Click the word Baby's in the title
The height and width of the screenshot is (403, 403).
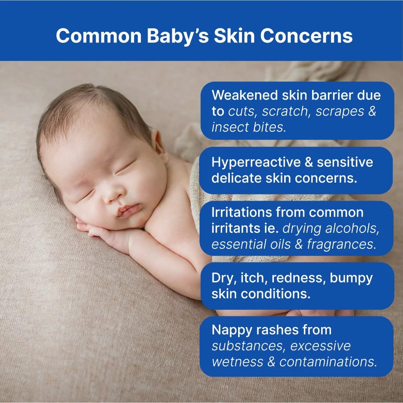(x=178, y=36)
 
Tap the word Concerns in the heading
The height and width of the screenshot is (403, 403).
(x=306, y=35)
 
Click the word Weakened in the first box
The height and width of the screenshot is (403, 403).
(x=245, y=95)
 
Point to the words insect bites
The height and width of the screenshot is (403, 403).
(x=249, y=127)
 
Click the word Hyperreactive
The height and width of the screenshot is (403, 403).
(x=252, y=163)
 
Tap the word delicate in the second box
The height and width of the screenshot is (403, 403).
(x=237, y=178)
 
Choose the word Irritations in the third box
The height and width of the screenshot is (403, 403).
(x=242, y=213)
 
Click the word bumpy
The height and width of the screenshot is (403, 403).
(x=351, y=279)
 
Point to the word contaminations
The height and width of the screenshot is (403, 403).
(x=328, y=362)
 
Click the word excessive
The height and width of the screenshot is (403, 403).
(x=320, y=346)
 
